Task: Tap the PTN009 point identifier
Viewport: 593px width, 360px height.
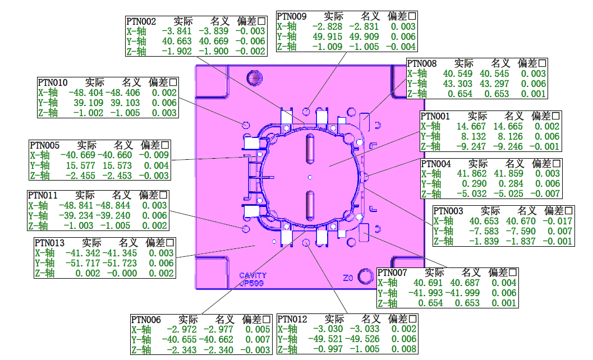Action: tap(292, 17)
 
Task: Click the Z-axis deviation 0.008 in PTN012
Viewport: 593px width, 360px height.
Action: tap(404, 349)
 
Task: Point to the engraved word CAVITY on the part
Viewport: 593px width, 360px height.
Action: tap(252, 275)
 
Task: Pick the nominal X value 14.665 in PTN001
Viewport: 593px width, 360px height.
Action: tap(508, 127)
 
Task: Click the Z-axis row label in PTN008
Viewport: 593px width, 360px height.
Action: tap(417, 94)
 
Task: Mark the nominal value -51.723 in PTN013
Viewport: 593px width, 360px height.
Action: tap(121, 263)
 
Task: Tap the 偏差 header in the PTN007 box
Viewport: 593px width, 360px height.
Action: tap(498, 273)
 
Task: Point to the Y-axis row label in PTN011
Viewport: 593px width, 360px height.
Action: tap(39, 216)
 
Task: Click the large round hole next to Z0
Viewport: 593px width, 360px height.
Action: tap(366, 276)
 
